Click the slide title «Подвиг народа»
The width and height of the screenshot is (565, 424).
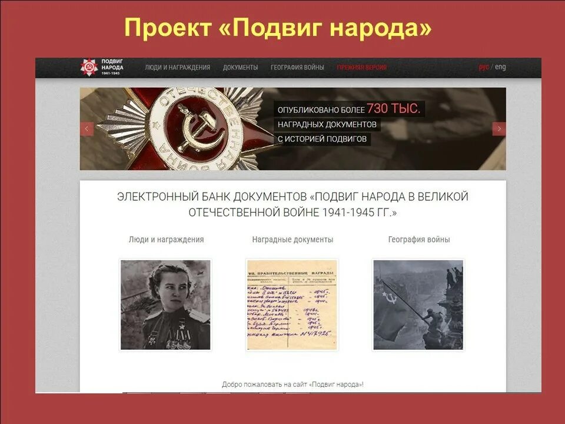pos(278,28)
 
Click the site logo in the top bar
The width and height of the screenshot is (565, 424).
pos(102,67)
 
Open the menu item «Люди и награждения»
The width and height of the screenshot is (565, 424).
pos(177,67)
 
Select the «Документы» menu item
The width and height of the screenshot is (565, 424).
pos(240,67)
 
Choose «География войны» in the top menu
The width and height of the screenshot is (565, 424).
pos(297,67)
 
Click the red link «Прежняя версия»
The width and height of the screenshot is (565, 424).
pos(361,67)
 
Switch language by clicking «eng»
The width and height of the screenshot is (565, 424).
pos(500,67)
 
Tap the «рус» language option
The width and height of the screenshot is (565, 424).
pos(484,67)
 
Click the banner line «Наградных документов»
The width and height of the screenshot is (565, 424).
pos(327,124)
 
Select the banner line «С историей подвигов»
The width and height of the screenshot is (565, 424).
pos(323,139)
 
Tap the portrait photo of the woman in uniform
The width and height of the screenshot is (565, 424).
pos(165,304)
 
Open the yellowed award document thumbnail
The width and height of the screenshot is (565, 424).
pos(292,304)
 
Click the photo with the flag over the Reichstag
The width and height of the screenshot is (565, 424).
pos(418,304)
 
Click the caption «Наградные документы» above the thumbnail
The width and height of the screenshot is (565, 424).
pos(293,240)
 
